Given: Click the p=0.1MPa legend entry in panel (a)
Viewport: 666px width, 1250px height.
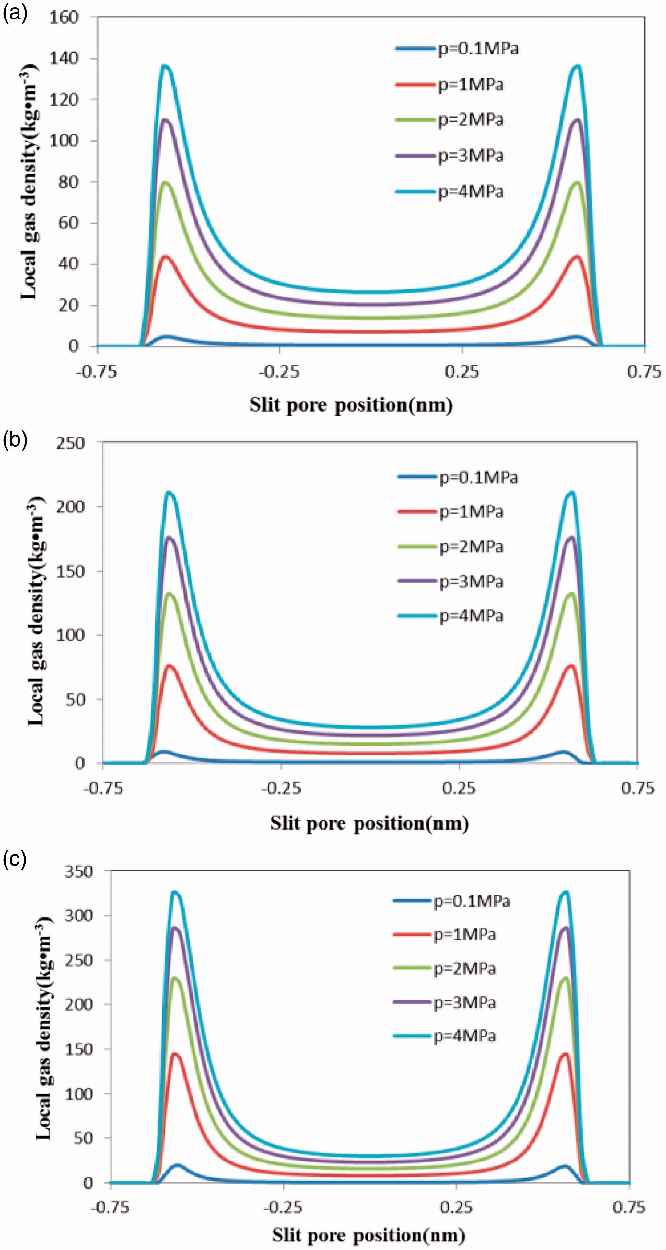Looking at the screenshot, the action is coord(456,49).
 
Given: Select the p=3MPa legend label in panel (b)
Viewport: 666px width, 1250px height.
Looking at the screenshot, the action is coord(471,581).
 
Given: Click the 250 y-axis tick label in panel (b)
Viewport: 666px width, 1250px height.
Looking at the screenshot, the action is coord(70,443).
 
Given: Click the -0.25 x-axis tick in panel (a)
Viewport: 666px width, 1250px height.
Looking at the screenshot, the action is coord(279,372).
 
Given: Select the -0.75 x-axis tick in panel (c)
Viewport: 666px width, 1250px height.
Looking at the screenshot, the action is coord(110,1207).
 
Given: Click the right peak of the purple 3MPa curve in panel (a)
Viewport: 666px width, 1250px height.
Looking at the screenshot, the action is coord(577,119).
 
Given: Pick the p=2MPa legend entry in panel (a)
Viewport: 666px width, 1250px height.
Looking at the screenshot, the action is coord(449,120).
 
